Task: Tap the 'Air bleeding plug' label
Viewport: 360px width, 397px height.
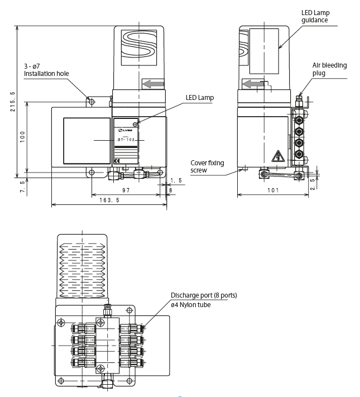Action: pyautogui.click(x=329, y=69)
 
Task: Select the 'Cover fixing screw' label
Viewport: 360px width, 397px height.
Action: pyautogui.click(x=207, y=166)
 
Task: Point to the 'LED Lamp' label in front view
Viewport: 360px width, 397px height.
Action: pyautogui.click(x=200, y=97)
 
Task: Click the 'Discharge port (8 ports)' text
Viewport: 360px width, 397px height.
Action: pyautogui.click(x=204, y=295)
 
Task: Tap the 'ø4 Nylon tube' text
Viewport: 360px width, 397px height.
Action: pyautogui.click(x=191, y=304)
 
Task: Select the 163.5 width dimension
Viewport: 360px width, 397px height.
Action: pyautogui.click(x=109, y=200)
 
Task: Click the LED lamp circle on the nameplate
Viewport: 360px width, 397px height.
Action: pyautogui.click(x=136, y=124)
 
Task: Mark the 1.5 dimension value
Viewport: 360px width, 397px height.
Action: pyautogui.click(x=176, y=180)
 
